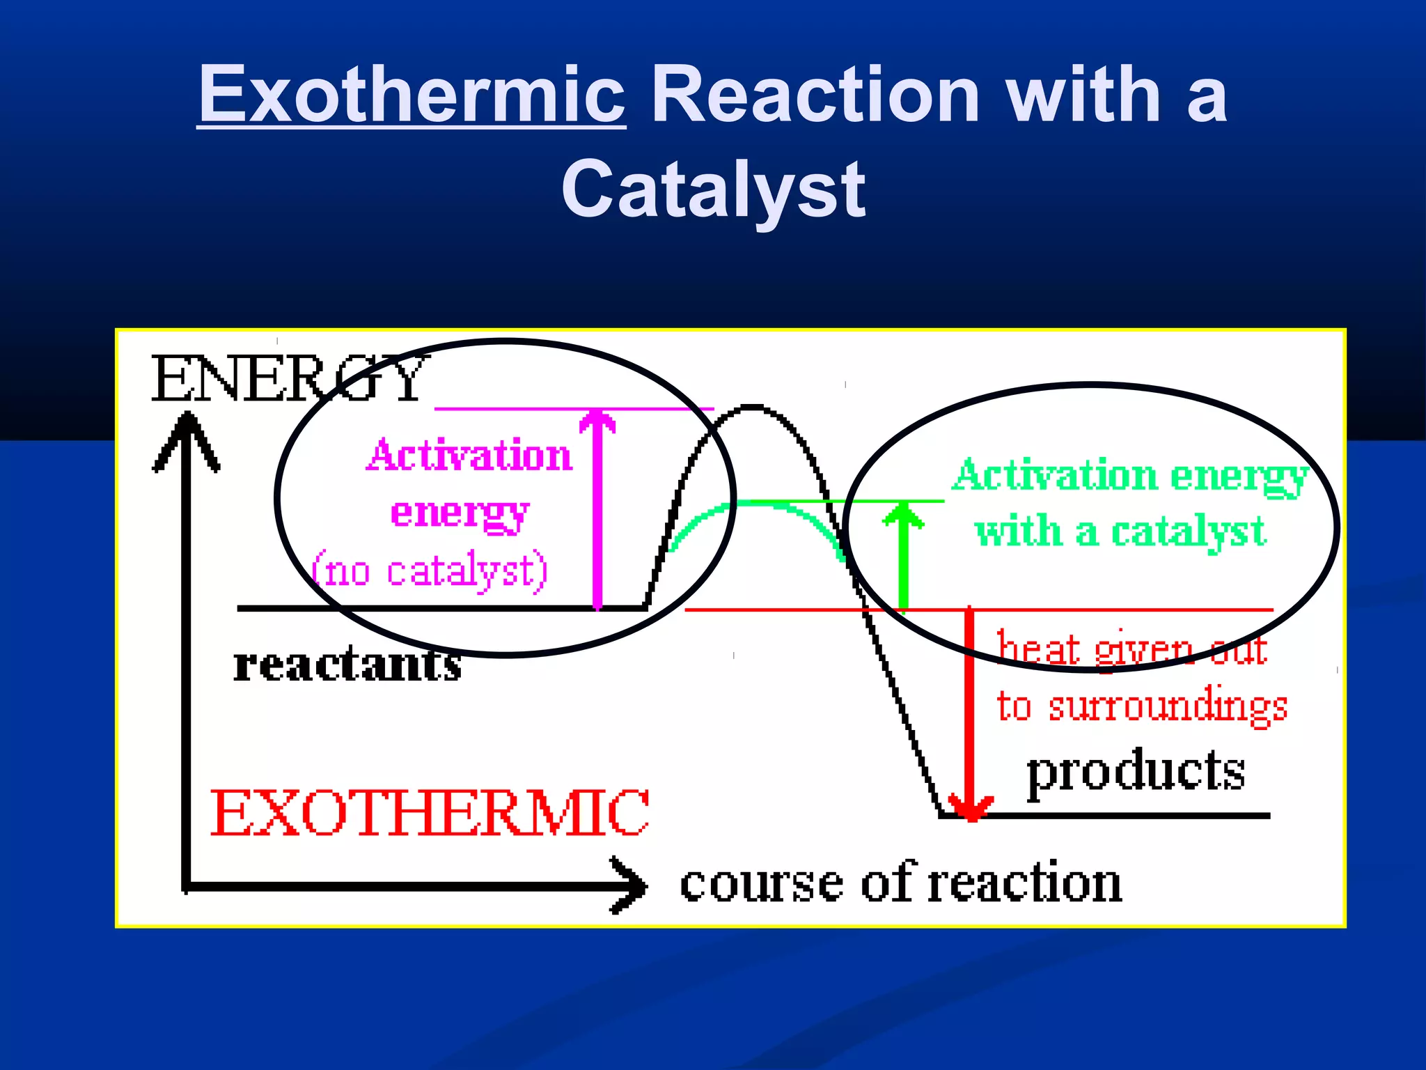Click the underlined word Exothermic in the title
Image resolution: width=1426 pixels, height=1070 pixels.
tap(412, 94)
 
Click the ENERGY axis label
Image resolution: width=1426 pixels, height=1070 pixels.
tap(289, 379)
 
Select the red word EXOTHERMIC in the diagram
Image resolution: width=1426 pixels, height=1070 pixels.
tap(430, 813)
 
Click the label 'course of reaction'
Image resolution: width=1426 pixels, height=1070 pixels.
tap(900, 883)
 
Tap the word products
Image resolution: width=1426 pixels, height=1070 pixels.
tap(1136, 771)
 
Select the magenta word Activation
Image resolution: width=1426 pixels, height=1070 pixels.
tap(469, 456)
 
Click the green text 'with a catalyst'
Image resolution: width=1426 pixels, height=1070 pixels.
tap(1120, 532)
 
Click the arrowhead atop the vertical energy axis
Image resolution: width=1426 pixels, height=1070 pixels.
tap(187, 435)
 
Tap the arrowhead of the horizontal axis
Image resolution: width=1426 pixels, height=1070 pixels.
tap(630, 885)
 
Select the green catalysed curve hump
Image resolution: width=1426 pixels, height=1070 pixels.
tap(755, 504)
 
